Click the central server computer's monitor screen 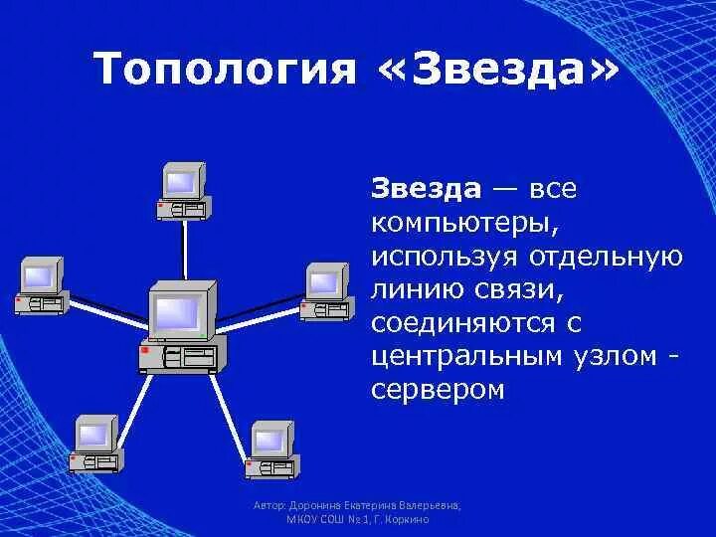(177, 313)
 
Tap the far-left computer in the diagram (41, 285)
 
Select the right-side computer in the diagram (325, 291)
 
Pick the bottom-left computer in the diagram (94, 443)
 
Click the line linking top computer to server (184, 249)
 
